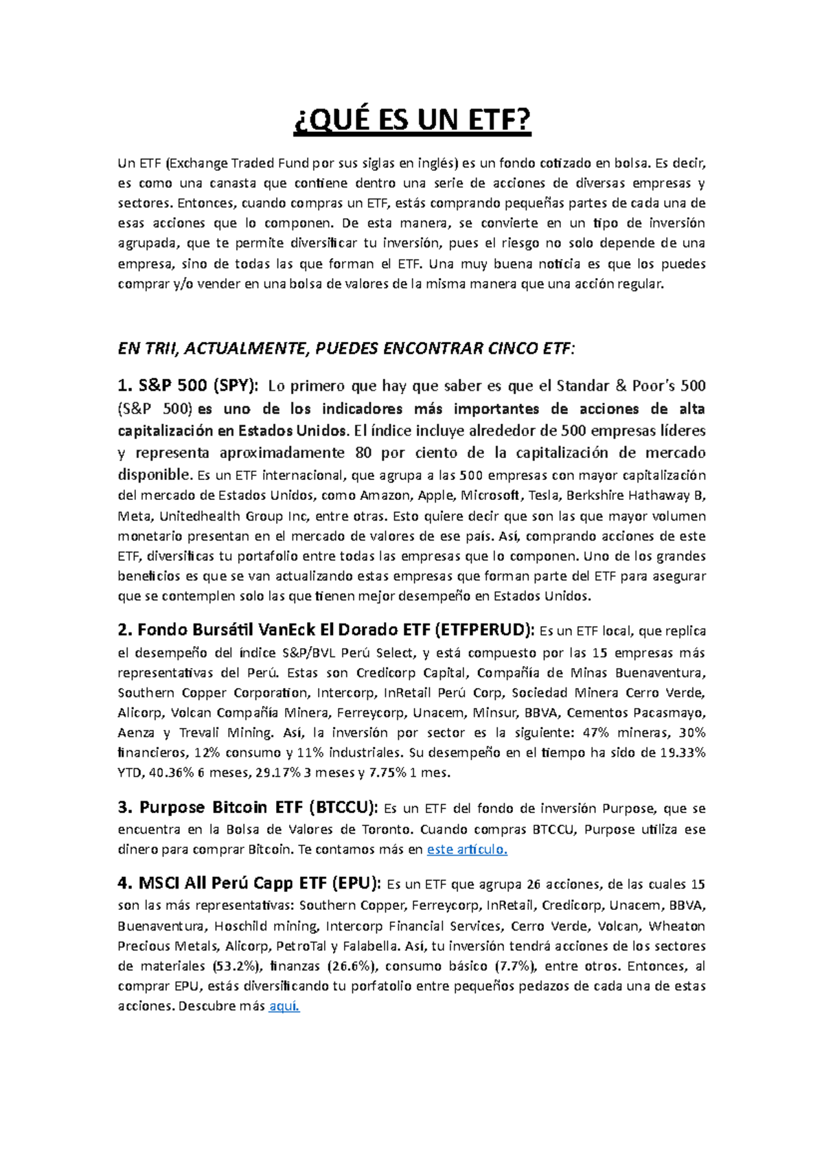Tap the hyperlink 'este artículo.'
click(467, 849)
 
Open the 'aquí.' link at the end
click(284, 1007)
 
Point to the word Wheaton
click(677, 926)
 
